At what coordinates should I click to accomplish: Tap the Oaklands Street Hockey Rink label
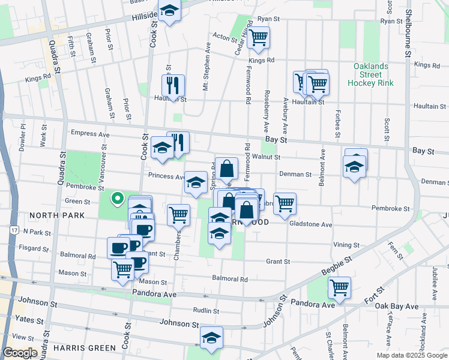click(x=370, y=74)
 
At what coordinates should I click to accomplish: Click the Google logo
click(x=20, y=353)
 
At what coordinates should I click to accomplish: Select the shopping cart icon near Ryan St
click(x=259, y=38)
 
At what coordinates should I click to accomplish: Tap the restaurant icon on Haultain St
click(x=173, y=85)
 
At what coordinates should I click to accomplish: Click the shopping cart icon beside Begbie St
click(x=339, y=287)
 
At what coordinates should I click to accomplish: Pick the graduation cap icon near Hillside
click(x=169, y=12)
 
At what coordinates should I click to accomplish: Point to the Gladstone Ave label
click(x=310, y=224)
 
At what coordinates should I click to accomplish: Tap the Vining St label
click(x=346, y=245)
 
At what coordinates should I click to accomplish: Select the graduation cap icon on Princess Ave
click(x=196, y=182)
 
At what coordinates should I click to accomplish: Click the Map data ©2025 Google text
click(x=411, y=355)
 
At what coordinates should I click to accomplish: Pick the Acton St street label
click(x=226, y=37)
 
